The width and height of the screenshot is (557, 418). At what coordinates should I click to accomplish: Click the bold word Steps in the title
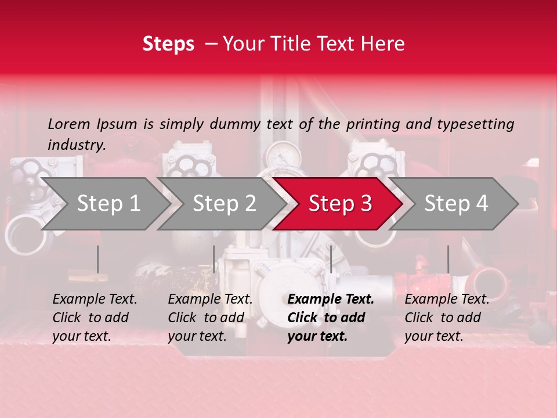[168, 44]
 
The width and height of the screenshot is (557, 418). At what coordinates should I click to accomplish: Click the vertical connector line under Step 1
[97, 259]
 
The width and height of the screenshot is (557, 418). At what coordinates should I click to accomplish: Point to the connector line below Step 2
[214, 259]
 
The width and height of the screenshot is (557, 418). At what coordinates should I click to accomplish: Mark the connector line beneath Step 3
[331, 259]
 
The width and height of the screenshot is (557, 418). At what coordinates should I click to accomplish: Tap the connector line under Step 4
[448, 259]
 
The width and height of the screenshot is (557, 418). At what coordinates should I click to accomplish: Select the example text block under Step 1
[95, 318]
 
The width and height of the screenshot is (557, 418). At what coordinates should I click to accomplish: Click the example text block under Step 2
[210, 318]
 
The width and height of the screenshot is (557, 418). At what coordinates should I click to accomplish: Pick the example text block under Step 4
[447, 318]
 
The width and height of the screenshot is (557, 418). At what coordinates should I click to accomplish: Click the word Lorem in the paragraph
[69, 124]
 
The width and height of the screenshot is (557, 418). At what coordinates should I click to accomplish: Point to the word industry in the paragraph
[77, 145]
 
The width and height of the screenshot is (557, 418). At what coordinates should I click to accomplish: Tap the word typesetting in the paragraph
[475, 124]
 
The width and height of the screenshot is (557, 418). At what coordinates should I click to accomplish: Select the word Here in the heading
[384, 44]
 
